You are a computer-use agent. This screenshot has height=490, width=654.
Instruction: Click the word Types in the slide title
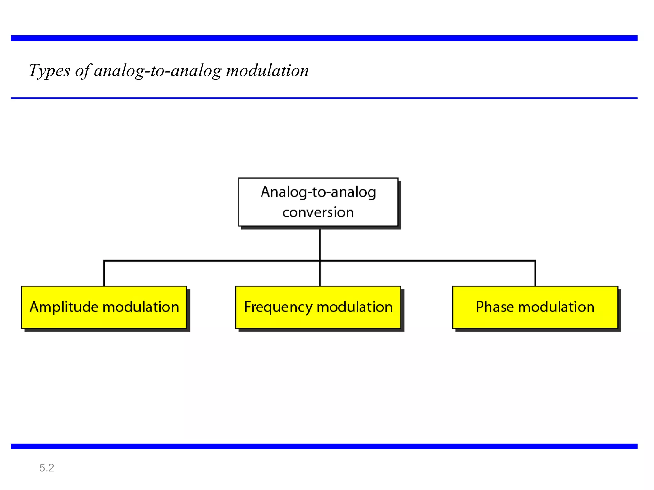tap(49, 71)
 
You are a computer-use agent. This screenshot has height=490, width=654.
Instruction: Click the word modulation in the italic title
tap(267, 71)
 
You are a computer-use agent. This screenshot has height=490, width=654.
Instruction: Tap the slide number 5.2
tap(47, 468)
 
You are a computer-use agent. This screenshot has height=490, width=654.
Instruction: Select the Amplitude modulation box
tap(104, 307)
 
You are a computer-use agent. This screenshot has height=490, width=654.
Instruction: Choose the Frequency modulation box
tap(318, 307)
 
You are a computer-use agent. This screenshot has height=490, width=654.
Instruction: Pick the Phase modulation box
tap(535, 307)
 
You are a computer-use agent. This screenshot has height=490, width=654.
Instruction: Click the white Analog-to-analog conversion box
tap(318, 202)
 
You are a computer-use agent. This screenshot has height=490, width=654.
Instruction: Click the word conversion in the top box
tap(318, 212)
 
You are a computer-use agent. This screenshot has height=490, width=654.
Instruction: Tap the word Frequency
tap(278, 307)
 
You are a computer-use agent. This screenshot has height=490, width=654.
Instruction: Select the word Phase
tap(495, 307)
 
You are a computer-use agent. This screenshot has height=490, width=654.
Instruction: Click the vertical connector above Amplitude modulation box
tap(104, 274)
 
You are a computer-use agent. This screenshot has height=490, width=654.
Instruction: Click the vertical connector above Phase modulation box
tap(535, 274)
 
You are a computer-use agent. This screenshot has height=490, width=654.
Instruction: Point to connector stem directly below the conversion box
tap(320, 244)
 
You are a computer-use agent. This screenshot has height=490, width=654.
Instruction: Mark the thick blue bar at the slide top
tap(324, 38)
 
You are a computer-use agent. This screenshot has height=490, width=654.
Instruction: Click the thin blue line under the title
tap(324, 98)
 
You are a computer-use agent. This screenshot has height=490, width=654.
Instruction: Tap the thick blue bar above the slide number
tap(324, 446)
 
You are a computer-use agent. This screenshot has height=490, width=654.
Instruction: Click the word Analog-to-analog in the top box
tap(318, 192)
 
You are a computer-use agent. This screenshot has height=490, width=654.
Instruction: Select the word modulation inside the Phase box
tap(556, 307)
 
